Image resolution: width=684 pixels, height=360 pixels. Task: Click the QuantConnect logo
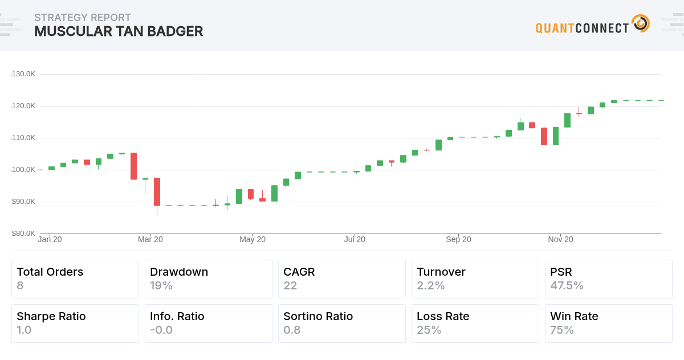[592, 25]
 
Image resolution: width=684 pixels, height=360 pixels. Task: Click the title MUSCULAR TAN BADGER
[119, 31]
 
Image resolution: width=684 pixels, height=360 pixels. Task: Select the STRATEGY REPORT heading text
[83, 18]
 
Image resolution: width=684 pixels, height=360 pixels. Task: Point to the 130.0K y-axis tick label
[23, 74]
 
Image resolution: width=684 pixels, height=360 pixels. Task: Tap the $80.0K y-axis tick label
[23, 234]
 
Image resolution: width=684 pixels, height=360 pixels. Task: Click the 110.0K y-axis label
[23, 138]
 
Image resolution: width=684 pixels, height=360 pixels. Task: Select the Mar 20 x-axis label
[150, 240]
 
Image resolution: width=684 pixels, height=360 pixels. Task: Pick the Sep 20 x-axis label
[458, 240]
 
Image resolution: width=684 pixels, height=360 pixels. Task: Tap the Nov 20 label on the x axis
[561, 240]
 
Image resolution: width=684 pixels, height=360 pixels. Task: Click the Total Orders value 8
[20, 285]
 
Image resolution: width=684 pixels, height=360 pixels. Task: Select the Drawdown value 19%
[161, 285]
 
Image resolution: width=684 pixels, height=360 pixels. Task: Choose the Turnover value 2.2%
[431, 285]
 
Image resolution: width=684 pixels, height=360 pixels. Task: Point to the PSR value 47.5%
[567, 285]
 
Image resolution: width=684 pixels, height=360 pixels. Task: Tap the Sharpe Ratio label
[51, 316]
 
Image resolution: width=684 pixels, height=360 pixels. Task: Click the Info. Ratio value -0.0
[161, 330]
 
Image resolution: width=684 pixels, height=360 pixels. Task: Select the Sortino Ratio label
[318, 316]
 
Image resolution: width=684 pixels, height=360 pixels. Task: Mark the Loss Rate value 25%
[429, 330]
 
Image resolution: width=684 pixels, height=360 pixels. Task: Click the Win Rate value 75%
[562, 330]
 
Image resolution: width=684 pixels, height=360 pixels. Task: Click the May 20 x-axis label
[253, 240]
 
